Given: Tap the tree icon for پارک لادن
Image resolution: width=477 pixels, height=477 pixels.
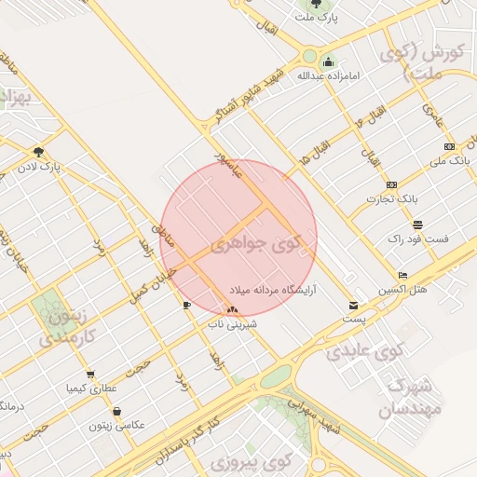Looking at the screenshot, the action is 37,152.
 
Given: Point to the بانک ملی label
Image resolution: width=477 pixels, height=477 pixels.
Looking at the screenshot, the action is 449,161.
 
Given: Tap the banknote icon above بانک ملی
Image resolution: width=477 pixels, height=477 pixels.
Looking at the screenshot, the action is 449,147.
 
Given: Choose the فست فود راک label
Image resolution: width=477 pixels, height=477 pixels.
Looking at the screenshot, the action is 417,238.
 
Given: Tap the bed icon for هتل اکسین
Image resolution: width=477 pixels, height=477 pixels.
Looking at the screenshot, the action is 402,276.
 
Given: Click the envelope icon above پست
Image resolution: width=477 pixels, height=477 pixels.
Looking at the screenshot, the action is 352,305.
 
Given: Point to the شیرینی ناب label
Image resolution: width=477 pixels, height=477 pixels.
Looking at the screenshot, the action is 232,326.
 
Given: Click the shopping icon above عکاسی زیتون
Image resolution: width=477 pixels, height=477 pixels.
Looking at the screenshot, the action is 116,411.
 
